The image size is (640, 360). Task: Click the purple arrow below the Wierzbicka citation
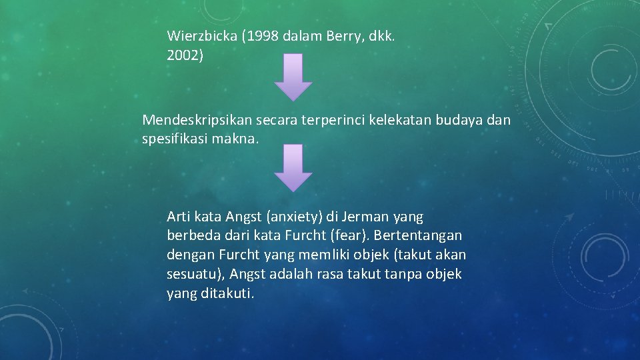click(x=293, y=77)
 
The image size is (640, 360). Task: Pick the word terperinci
click(x=335, y=120)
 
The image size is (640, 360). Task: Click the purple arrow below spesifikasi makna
click(x=293, y=168)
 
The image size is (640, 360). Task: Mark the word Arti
click(x=179, y=217)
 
